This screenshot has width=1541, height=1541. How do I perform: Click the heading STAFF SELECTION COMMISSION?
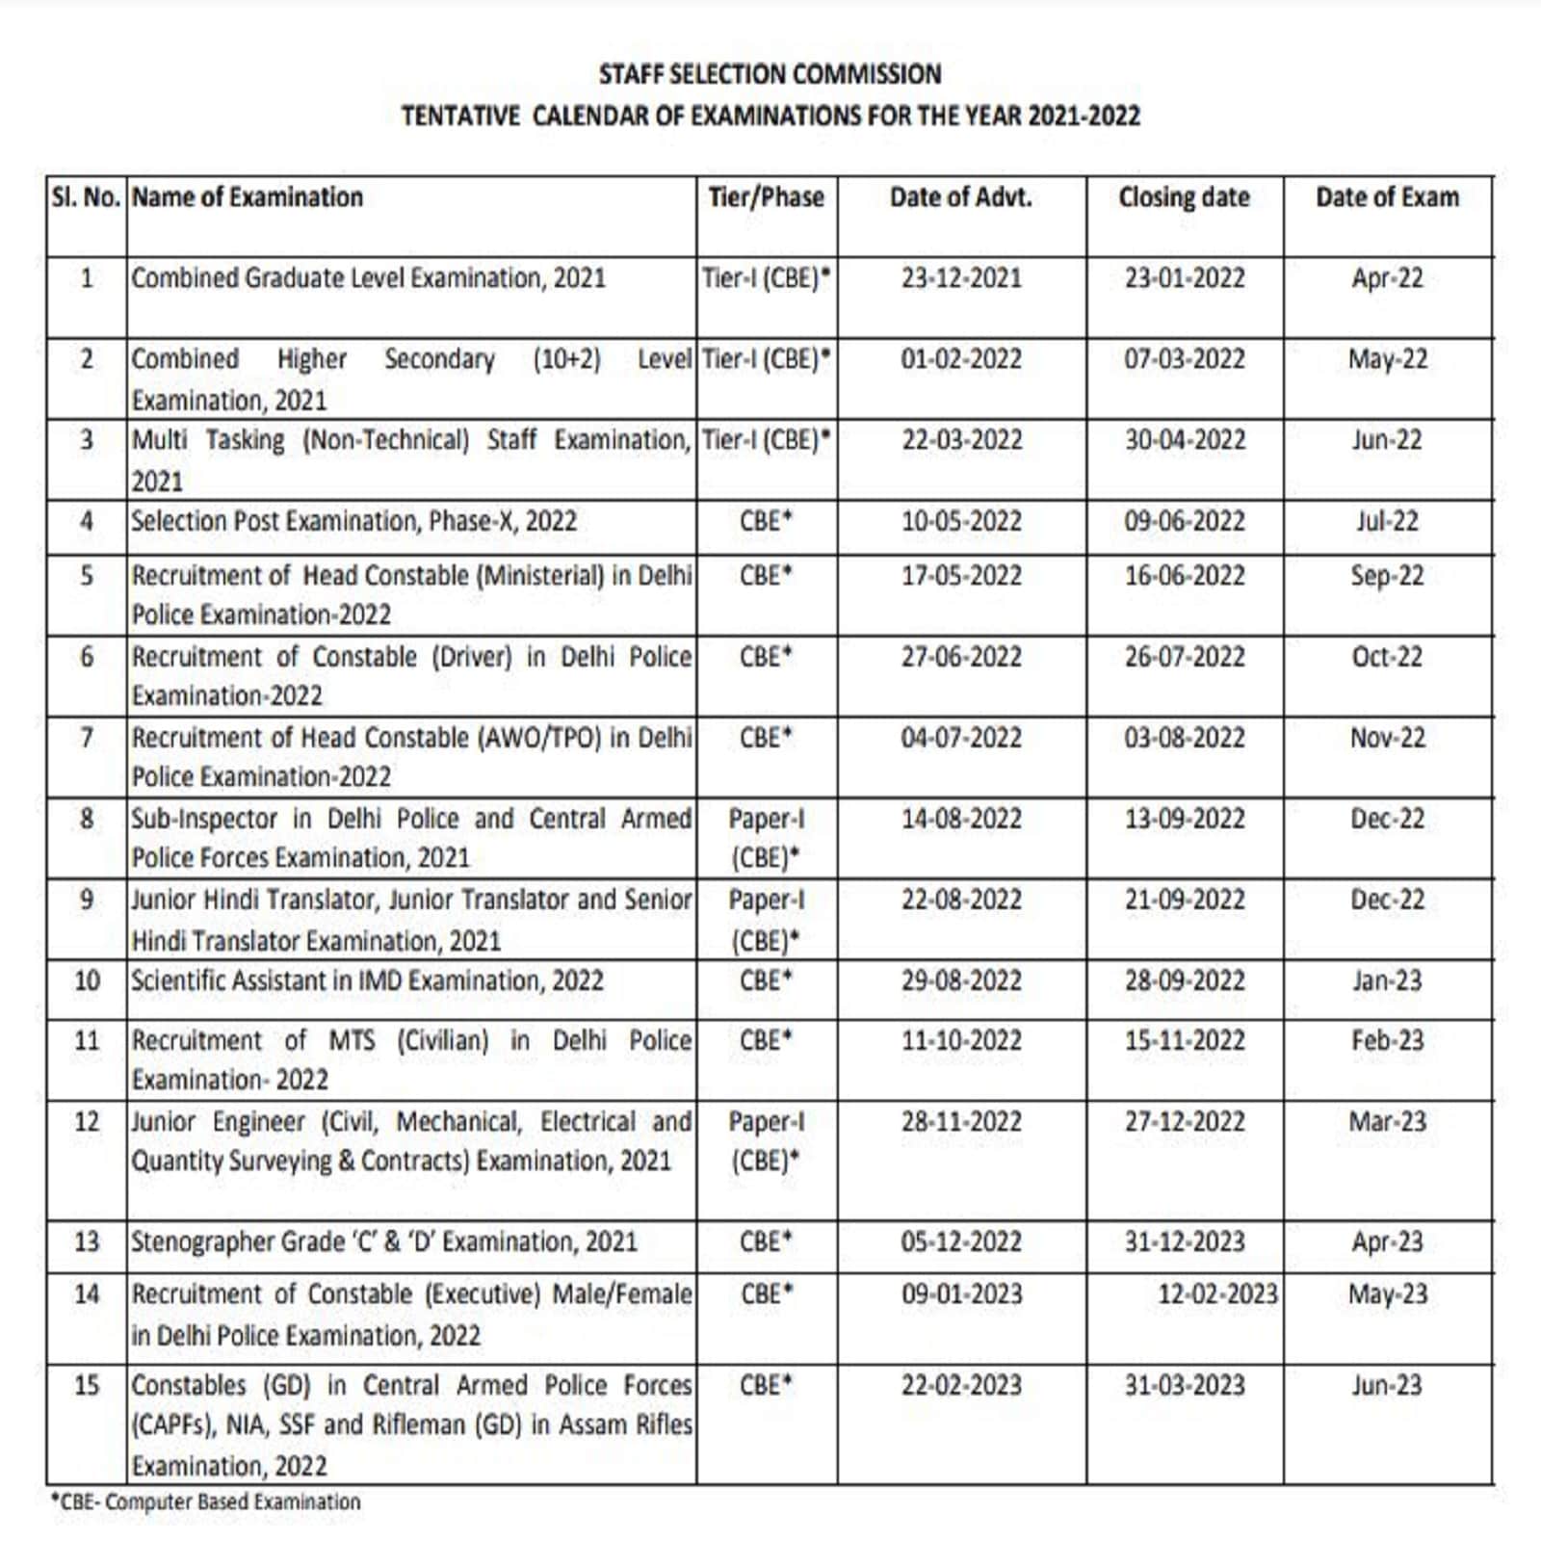[x=770, y=74]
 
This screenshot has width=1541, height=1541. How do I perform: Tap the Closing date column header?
[x=1184, y=197]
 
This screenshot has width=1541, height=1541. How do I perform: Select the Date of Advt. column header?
[x=960, y=197]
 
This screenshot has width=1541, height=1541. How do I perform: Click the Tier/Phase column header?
[x=766, y=197]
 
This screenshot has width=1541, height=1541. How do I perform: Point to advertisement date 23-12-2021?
[x=961, y=278]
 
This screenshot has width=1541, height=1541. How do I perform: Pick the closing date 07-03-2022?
[x=1185, y=359]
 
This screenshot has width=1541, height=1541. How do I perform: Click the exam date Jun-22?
[x=1386, y=440]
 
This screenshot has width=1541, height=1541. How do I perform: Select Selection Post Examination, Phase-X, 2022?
[x=353, y=521]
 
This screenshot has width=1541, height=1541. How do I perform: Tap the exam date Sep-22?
[x=1386, y=575]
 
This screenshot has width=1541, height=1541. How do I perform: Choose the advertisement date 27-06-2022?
[x=961, y=657]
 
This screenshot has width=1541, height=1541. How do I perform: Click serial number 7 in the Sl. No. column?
[x=87, y=738]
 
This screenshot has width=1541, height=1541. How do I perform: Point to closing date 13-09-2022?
[x=1185, y=819]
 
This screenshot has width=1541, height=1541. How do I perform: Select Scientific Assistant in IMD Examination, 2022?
[x=367, y=980]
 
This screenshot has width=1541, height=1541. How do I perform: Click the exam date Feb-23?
[x=1386, y=1040]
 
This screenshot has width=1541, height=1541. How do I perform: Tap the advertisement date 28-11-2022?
[x=961, y=1121]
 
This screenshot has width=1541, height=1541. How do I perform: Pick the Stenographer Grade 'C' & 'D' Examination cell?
[x=383, y=1241]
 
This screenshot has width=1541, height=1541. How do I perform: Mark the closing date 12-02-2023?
[x=1217, y=1293]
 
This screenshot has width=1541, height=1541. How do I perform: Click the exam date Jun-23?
[x=1386, y=1385]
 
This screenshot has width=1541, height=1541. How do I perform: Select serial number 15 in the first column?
[x=87, y=1385]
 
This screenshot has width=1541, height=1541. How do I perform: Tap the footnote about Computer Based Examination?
[x=205, y=1502]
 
